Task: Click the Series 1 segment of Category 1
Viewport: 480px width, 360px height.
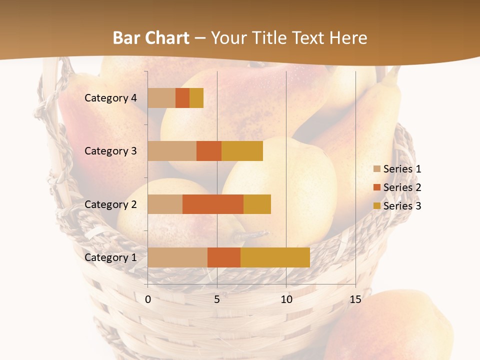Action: pos(177,257)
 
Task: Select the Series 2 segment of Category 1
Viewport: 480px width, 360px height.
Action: pos(224,257)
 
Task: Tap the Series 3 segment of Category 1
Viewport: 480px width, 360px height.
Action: pos(275,257)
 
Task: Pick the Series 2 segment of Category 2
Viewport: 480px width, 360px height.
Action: pos(213,204)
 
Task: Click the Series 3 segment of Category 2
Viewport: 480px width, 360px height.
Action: pos(257,204)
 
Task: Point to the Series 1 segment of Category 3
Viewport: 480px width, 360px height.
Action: pos(172,151)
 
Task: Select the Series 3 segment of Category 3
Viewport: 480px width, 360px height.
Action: pos(242,151)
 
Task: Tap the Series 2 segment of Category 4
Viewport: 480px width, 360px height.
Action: pos(182,98)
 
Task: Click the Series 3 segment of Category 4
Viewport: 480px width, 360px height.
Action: pos(196,98)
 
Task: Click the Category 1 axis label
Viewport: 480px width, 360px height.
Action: pos(110,257)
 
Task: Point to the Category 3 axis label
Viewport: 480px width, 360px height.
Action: pos(110,151)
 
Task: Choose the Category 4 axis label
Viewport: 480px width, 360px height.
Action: pos(110,98)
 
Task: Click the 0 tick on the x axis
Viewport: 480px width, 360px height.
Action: pos(148,299)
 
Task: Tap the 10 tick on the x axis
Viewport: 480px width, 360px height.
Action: pos(286,299)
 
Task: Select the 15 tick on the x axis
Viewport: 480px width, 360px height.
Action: pos(355,299)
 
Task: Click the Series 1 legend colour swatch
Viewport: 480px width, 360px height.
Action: pos(376,169)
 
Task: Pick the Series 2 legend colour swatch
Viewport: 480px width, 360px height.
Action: pos(376,187)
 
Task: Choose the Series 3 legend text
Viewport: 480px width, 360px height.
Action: pos(402,206)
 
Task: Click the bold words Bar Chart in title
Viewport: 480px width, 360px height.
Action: pos(151,38)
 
